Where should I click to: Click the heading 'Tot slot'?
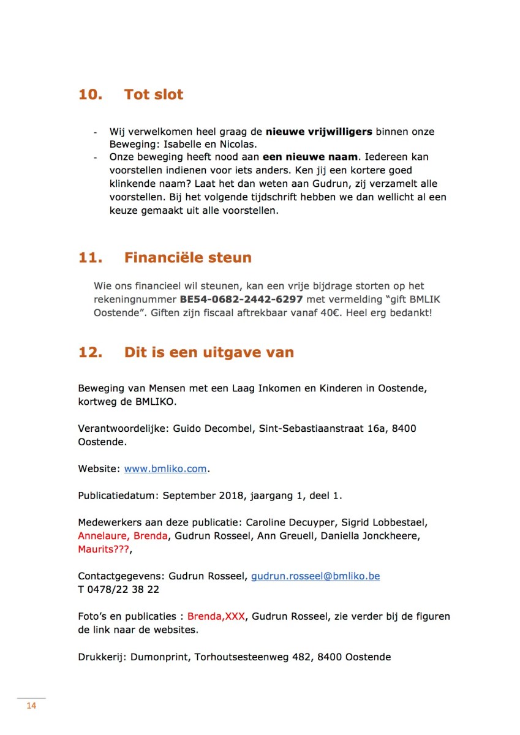[154, 95]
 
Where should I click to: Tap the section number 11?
[90, 258]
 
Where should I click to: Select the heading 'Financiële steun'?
[187, 258]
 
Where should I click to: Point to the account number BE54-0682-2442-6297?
[241, 300]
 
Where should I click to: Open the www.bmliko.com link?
[165, 469]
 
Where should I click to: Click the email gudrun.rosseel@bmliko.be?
[315, 576]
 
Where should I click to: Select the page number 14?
[31, 706]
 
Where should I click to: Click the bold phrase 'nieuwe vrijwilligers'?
[318, 132]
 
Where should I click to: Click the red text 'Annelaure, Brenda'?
[122, 536]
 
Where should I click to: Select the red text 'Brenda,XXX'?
[216, 617]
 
